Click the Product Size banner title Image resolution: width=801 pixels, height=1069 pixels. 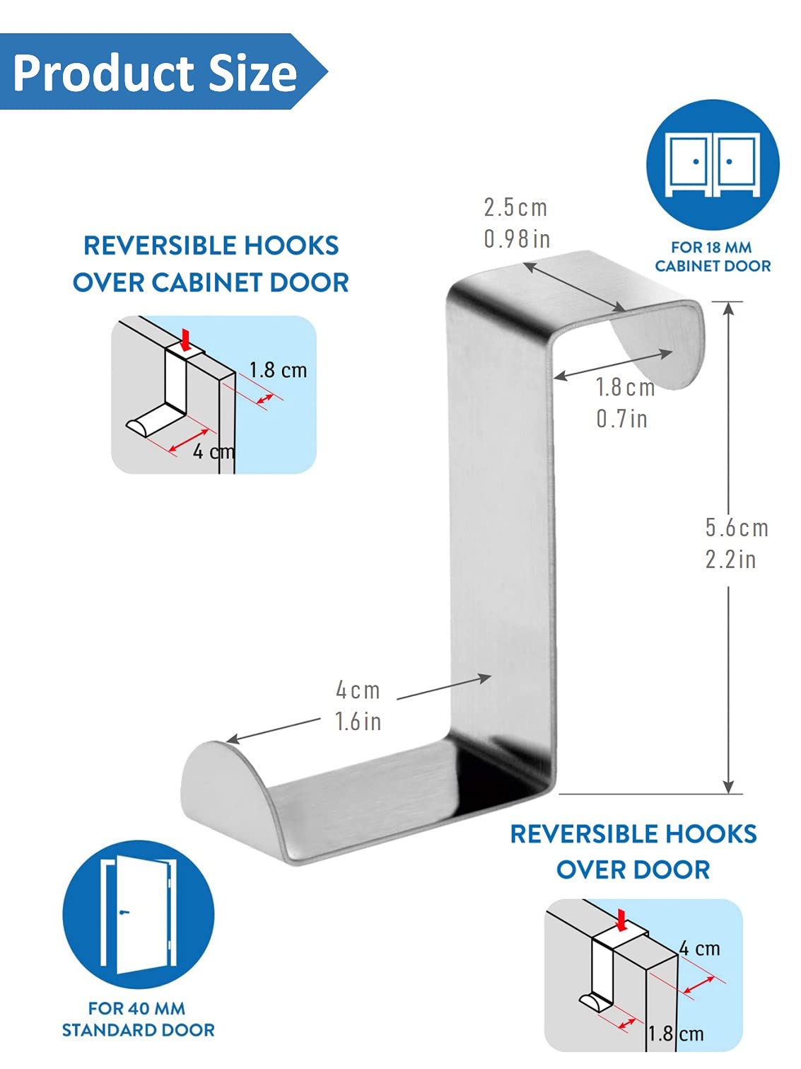(155, 73)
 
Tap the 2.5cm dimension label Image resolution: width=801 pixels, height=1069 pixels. (516, 207)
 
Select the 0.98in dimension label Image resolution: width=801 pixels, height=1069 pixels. (517, 238)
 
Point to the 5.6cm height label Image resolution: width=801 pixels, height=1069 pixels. (737, 528)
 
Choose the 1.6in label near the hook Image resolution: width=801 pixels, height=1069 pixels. (358, 721)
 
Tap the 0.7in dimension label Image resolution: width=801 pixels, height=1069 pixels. (622, 419)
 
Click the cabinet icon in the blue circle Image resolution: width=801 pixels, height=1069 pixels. (713, 165)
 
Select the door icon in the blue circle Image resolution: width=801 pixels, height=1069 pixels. (138, 915)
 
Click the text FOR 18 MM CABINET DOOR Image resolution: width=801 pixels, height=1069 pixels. (713, 257)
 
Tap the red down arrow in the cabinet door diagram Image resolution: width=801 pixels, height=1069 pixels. (185, 340)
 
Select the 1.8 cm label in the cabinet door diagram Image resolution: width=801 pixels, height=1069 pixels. (278, 370)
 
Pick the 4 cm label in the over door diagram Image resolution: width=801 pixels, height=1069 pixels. (699, 948)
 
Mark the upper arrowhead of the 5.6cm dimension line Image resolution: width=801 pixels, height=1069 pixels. (728, 308)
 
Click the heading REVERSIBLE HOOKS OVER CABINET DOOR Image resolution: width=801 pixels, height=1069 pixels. (211, 264)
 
